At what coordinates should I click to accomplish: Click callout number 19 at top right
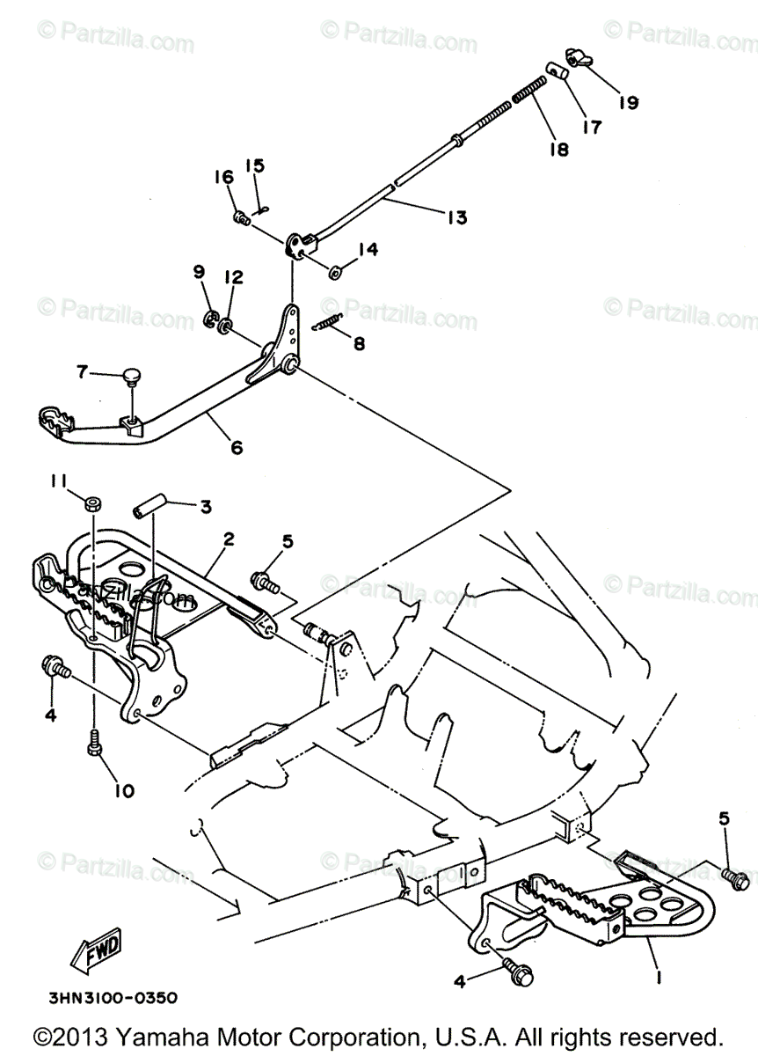point(627,102)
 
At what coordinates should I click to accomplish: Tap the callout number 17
point(591,127)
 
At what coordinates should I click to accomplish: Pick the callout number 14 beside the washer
point(367,250)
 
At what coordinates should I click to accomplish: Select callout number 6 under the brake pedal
point(236,447)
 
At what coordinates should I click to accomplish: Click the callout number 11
point(58,480)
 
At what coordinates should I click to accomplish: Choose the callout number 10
point(123,790)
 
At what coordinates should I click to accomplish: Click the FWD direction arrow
point(97,933)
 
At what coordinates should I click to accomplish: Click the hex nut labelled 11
point(92,503)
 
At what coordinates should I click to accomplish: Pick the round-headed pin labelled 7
point(133,378)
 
